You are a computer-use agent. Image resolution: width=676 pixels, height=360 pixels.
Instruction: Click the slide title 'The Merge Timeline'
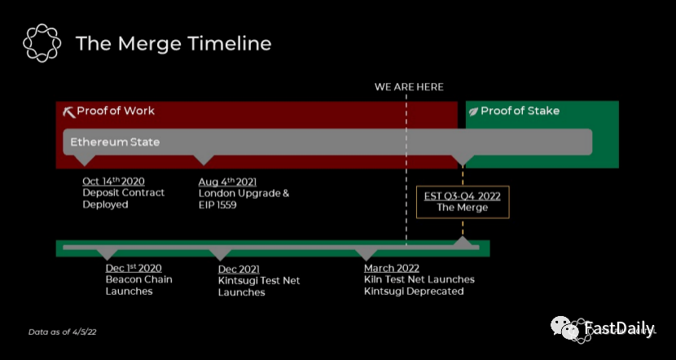point(173,43)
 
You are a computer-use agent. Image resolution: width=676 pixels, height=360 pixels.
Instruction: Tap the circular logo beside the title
point(42,42)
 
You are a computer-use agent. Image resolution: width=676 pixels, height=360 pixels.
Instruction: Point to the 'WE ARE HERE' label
point(409,87)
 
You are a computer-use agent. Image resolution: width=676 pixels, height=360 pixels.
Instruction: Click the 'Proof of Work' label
point(116,111)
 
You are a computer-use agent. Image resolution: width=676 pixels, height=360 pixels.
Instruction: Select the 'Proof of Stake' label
point(520,111)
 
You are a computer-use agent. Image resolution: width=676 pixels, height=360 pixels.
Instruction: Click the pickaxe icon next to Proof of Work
point(68,112)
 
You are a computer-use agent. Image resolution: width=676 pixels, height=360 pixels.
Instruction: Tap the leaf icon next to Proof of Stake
point(473,112)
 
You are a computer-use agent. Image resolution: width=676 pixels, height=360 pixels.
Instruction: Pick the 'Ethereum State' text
point(115,142)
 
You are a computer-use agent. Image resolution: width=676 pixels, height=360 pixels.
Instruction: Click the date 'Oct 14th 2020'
point(113,181)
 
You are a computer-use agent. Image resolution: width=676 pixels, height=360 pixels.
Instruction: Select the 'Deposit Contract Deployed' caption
point(123,199)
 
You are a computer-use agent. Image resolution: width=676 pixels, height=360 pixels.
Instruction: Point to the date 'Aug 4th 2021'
point(227,181)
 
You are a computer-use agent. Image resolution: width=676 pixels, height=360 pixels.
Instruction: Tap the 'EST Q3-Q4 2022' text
point(462,195)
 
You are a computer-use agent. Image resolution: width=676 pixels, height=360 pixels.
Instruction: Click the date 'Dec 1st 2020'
point(134,268)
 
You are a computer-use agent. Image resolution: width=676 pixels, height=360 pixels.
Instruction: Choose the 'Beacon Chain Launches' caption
point(138,285)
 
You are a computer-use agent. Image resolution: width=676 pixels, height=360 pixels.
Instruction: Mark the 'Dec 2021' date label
point(239,269)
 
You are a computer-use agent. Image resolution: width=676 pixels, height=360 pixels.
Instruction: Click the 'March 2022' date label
point(392,268)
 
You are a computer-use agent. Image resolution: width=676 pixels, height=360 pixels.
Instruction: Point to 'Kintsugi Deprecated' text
point(414,291)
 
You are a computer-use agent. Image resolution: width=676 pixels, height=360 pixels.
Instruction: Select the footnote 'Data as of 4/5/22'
point(63,332)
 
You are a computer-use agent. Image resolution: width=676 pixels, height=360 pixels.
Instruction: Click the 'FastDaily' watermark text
point(619,329)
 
